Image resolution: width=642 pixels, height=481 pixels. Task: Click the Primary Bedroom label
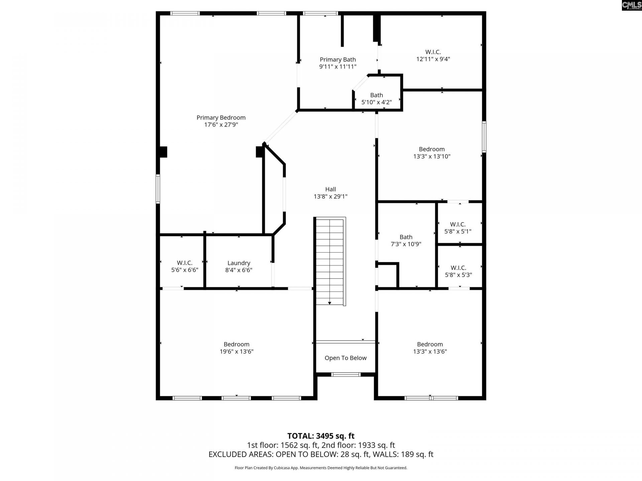pos(221,118)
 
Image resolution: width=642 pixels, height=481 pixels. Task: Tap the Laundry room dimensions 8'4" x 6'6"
pos(238,270)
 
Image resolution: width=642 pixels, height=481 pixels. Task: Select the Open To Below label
pos(345,358)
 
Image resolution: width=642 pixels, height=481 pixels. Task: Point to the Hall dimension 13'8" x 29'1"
pos(330,197)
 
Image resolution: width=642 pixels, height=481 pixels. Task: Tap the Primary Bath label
pos(338,60)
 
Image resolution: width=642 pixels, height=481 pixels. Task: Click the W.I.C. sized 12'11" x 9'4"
pos(433,55)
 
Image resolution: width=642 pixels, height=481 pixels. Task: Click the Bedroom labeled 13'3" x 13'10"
pos(432,153)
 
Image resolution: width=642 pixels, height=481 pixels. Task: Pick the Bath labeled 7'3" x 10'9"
pos(406,240)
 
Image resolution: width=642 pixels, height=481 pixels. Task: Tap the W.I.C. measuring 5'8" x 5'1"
pos(457,228)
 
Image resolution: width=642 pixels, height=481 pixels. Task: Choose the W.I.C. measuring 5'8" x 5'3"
pos(458,271)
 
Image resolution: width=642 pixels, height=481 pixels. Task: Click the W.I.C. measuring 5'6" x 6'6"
pos(185,267)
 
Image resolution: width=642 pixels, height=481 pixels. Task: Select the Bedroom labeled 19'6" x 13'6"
pos(236,348)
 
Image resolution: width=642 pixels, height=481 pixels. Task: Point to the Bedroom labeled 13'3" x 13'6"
pos(430,348)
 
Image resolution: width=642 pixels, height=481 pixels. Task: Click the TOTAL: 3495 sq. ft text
pos(321,436)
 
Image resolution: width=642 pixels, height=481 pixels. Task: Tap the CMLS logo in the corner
pos(631,5)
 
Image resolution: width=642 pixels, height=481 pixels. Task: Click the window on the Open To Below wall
pos(346,374)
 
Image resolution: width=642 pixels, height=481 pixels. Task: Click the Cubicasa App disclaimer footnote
pos(321,468)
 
